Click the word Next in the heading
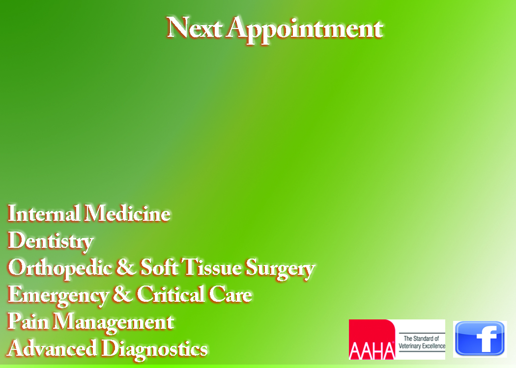(194, 27)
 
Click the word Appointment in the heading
(305, 29)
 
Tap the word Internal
(43, 213)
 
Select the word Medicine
(127, 213)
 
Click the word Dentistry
(51, 241)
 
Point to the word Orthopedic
(60, 268)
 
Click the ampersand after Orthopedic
(126, 267)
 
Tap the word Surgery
(281, 269)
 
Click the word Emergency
(58, 295)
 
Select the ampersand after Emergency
(122, 294)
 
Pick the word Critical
(171, 294)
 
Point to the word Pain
(28, 321)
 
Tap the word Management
(114, 323)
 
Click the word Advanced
(52, 348)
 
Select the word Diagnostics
(154, 349)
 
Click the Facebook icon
(480, 339)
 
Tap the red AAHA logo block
(372, 340)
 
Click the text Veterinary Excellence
(422, 346)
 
